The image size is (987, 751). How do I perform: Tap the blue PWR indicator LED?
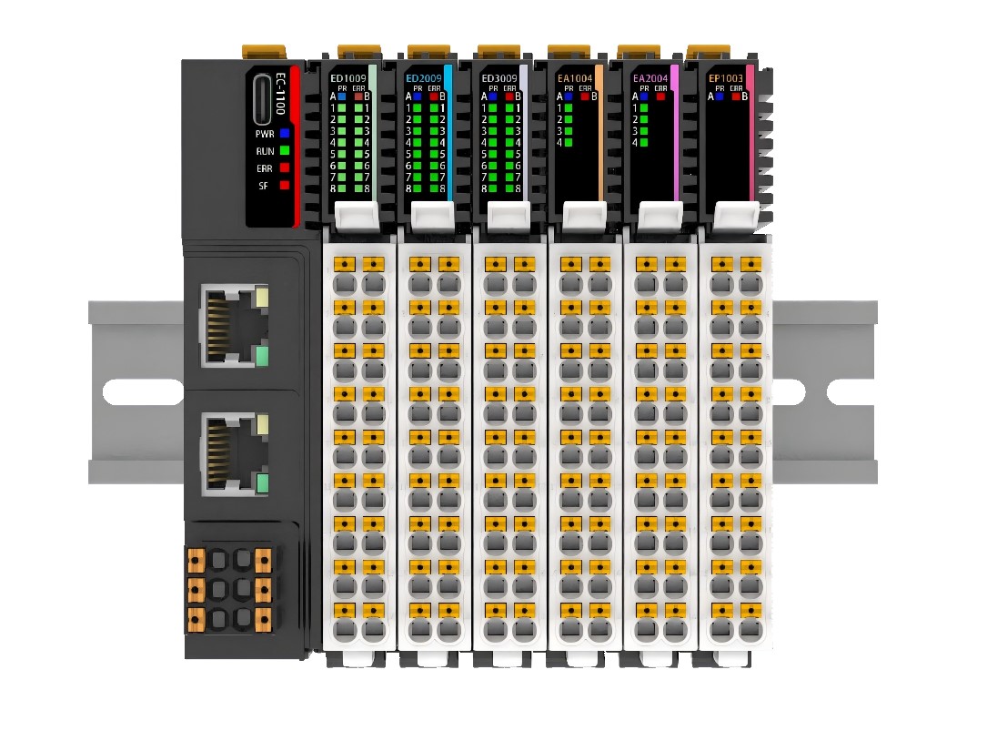[x=285, y=133]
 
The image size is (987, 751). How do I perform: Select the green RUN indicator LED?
[x=285, y=150]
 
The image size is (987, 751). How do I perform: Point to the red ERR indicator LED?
[x=285, y=167]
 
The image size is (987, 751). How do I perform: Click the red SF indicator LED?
[x=285, y=185]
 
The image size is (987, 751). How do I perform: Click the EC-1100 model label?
[x=281, y=90]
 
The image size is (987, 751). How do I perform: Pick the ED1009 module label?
[x=348, y=79]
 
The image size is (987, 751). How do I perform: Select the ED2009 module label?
[x=424, y=79]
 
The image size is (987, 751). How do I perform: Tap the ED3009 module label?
[x=499, y=79]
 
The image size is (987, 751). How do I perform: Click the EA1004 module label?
[x=575, y=79]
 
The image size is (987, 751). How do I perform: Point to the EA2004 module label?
[x=650, y=79]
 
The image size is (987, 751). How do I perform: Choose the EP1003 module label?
[x=726, y=79]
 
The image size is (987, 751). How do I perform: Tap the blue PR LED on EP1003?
[x=719, y=96]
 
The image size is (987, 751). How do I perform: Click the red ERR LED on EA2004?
[x=661, y=96]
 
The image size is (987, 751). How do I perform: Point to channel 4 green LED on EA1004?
[x=568, y=143]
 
